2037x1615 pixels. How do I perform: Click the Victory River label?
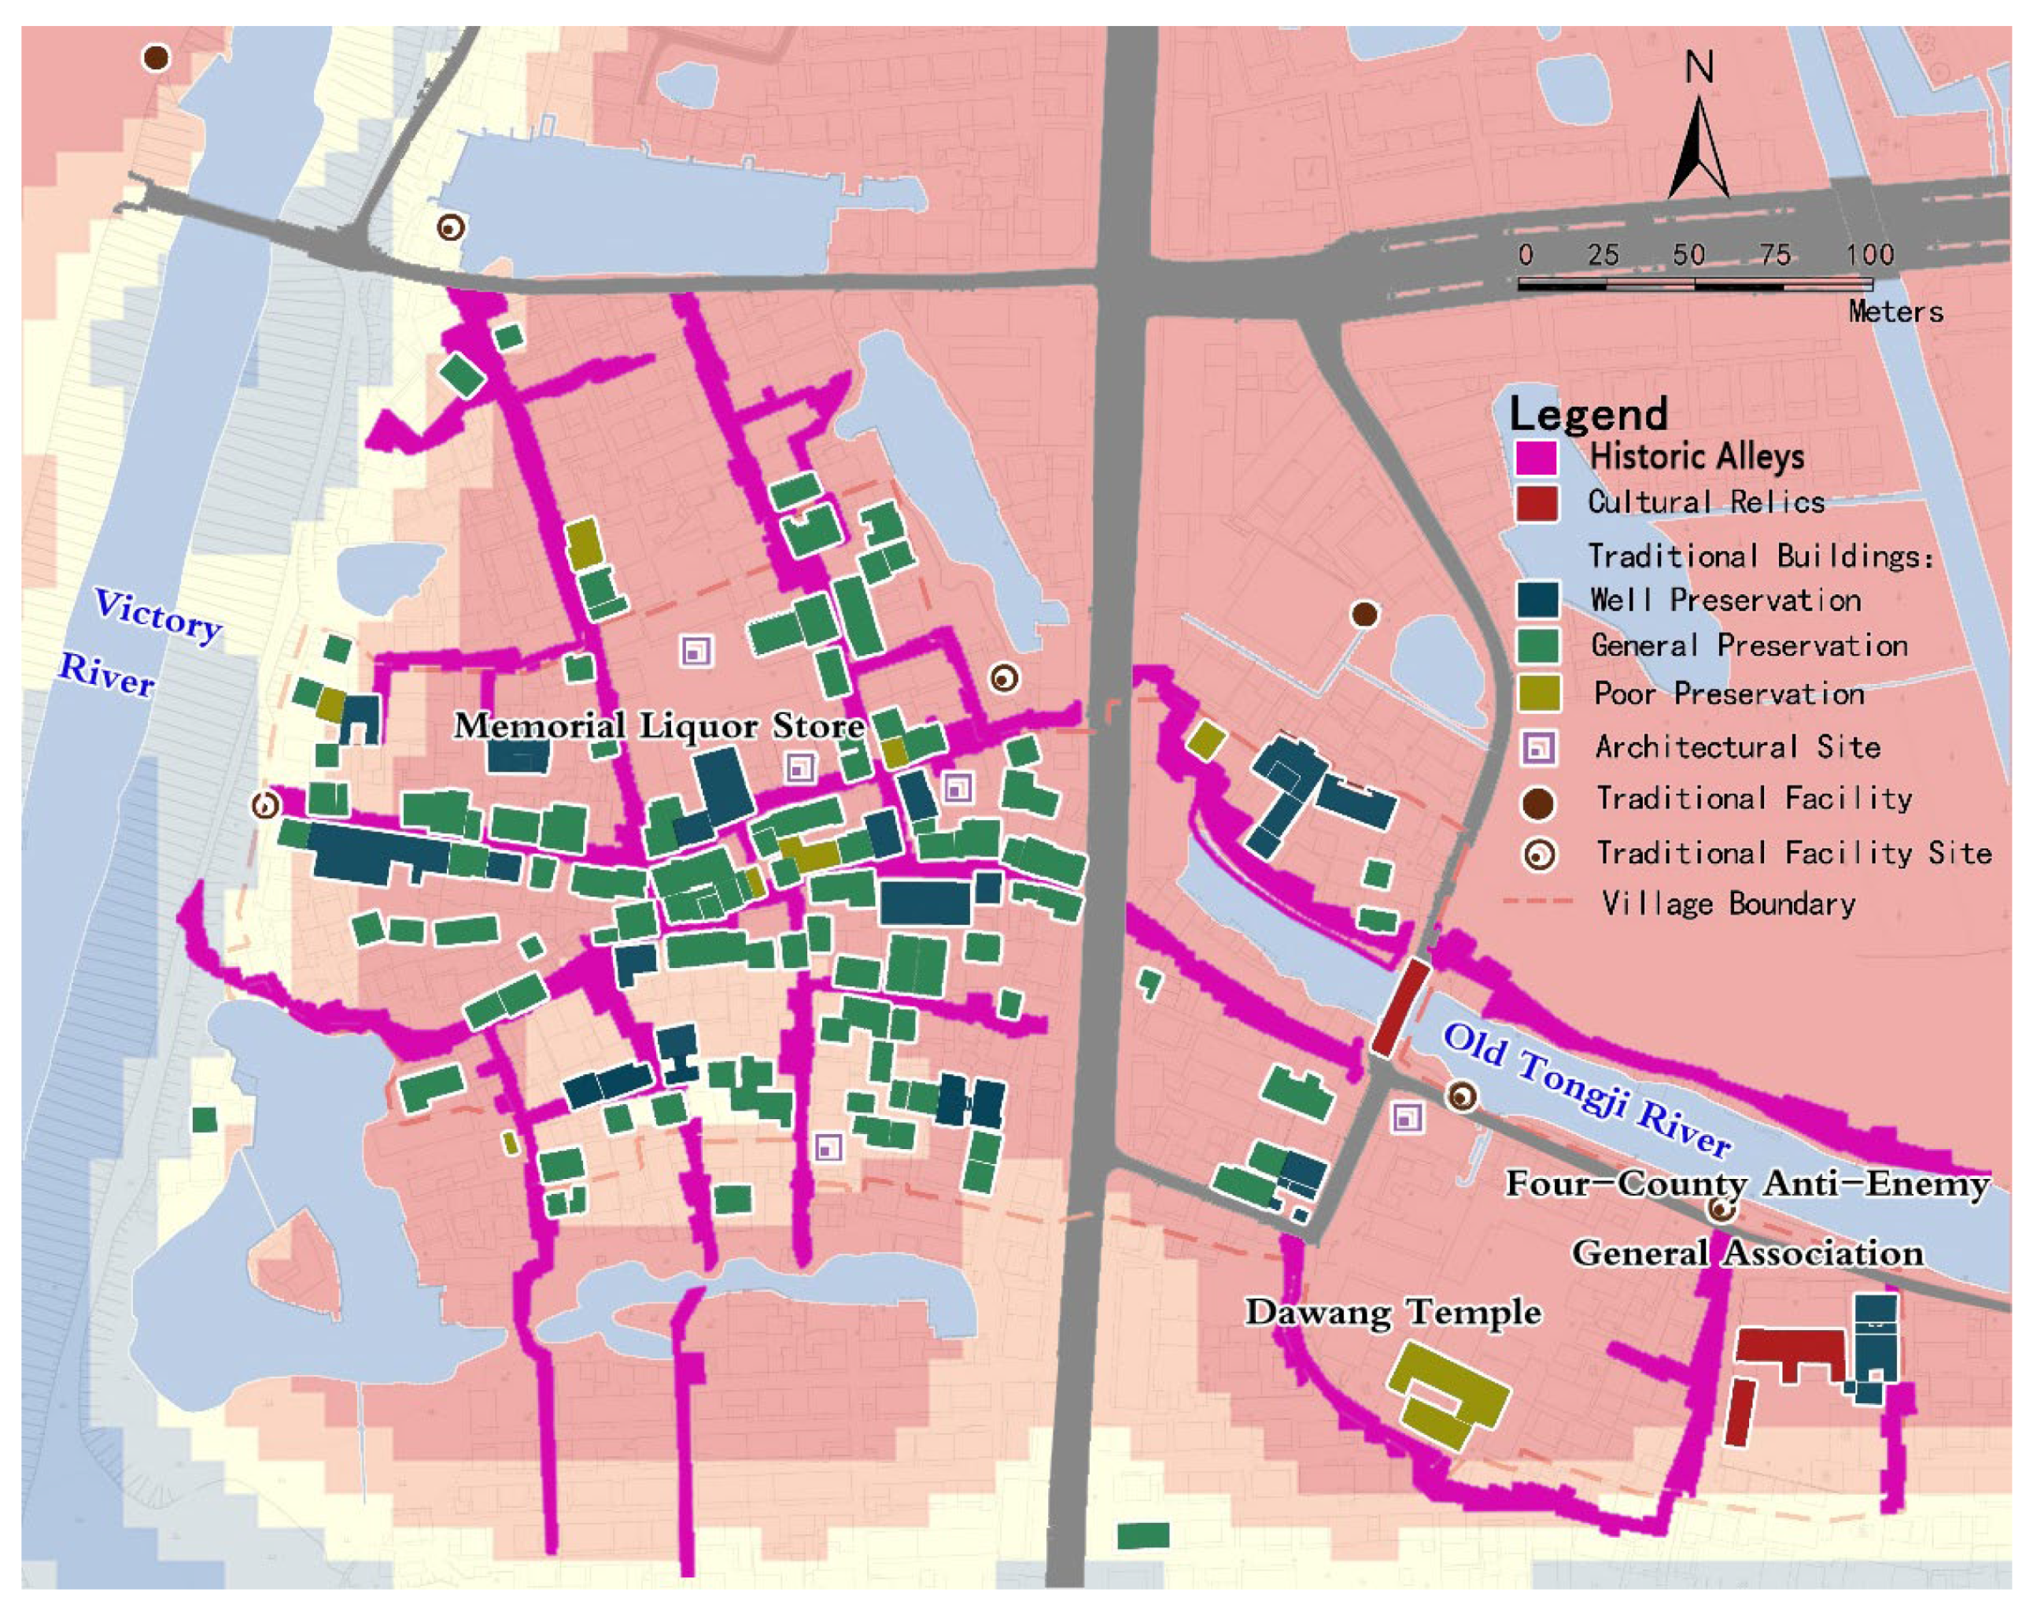(x=142, y=642)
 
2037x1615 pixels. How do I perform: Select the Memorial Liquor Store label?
(x=659, y=726)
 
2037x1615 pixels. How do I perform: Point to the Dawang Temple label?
(x=1393, y=1313)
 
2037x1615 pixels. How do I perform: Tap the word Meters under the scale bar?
(x=1895, y=312)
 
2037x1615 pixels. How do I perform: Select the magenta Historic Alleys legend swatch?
(x=1537, y=457)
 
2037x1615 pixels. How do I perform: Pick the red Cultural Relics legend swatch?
(x=1537, y=503)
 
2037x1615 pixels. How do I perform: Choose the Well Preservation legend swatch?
(x=1537, y=600)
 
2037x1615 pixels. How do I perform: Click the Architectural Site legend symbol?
(x=1538, y=748)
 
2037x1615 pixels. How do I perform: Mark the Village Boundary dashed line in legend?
(x=1538, y=903)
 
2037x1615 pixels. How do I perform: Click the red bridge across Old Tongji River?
(x=1399, y=1007)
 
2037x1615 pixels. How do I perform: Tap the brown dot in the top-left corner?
(x=156, y=57)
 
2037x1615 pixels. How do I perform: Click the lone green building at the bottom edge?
(x=1142, y=1536)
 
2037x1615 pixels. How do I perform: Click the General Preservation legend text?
(x=1749, y=646)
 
